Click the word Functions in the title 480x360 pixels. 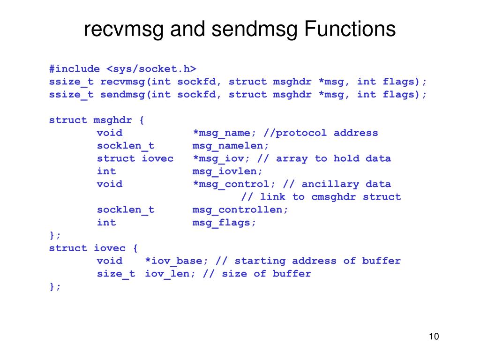[x=350, y=29]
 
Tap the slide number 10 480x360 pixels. [x=434, y=337]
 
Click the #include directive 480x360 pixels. [x=75, y=69]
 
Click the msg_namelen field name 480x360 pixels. [x=231, y=145]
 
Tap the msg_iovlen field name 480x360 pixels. [x=227, y=171]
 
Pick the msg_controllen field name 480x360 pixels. [x=240, y=210]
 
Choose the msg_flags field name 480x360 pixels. [x=224, y=222]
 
